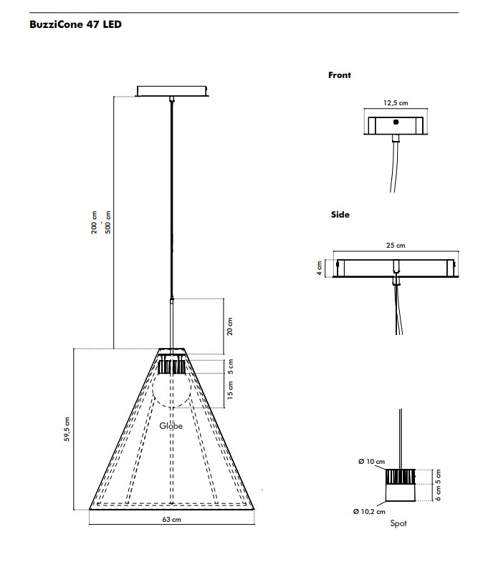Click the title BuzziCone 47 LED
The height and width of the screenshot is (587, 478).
tap(76, 25)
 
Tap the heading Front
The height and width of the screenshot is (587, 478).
tap(339, 75)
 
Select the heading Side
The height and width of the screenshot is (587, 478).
tap(340, 215)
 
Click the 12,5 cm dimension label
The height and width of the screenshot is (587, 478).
tap(396, 103)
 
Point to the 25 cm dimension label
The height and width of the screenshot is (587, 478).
tap(396, 246)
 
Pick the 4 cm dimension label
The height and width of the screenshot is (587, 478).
tap(319, 268)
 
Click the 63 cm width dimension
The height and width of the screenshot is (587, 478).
tap(172, 519)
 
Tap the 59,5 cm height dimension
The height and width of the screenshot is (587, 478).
tap(67, 429)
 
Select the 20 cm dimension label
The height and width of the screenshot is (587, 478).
tap(230, 326)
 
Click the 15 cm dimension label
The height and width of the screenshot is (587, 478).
tap(230, 390)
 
